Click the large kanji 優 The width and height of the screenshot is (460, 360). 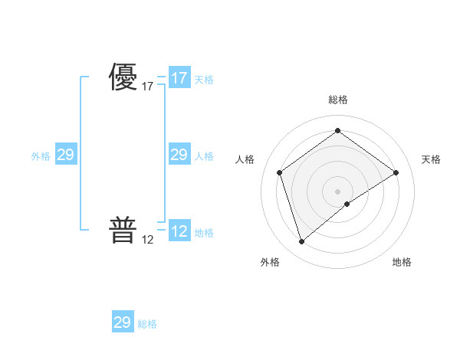pyautogui.click(x=123, y=77)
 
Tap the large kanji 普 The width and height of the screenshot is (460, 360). pyautogui.click(x=123, y=229)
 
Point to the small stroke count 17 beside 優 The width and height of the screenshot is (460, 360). pyautogui.click(x=148, y=87)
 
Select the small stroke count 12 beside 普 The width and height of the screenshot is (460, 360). pyautogui.click(x=148, y=239)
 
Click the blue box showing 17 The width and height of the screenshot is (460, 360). pyautogui.click(x=179, y=78)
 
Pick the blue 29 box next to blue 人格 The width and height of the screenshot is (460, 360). pyautogui.click(x=179, y=155)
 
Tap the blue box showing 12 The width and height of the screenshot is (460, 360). pyautogui.click(x=179, y=231)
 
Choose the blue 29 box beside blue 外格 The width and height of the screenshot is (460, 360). pyautogui.click(x=65, y=155)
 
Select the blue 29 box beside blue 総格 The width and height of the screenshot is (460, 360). pyautogui.click(x=123, y=322)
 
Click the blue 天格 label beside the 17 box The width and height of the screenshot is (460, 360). pyautogui.click(x=204, y=80)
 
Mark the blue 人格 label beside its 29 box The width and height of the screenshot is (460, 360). pyautogui.click(x=204, y=156)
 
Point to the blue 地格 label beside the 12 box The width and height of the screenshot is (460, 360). pyautogui.click(x=204, y=233)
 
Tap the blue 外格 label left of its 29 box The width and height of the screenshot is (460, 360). pyautogui.click(x=41, y=156)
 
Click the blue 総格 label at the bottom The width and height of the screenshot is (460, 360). pyautogui.click(x=147, y=324)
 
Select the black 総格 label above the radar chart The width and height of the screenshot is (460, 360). pyautogui.click(x=337, y=100)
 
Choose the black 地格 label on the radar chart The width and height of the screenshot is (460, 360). pyautogui.click(x=402, y=262)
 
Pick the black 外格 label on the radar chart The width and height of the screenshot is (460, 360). pyautogui.click(x=270, y=262)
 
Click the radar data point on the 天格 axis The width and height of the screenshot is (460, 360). pyautogui.click(x=396, y=172)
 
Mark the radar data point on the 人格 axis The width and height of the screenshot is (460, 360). pyautogui.click(x=280, y=172)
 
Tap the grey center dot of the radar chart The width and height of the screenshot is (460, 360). pyautogui.click(x=337, y=191)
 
